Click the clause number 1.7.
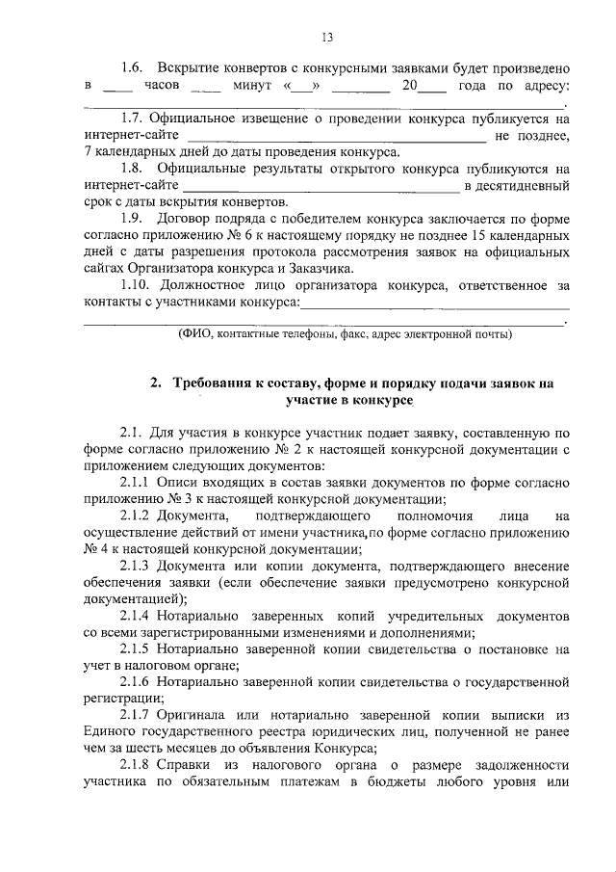[x=132, y=119]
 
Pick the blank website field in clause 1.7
[x=336, y=139]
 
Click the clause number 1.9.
[x=132, y=219]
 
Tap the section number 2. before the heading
[x=157, y=383]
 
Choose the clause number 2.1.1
[x=135, y=481]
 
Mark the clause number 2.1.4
[x=135, y=614]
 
